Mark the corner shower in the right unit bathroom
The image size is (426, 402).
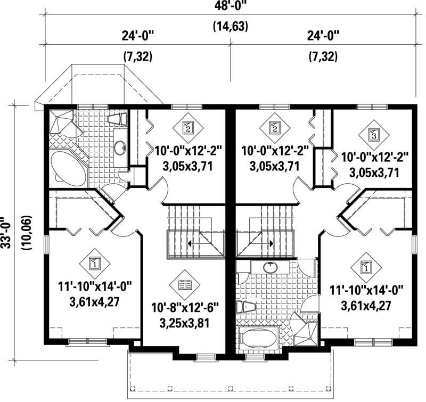[x=305, y=329]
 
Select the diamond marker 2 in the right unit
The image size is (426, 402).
[x=275, y=128]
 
